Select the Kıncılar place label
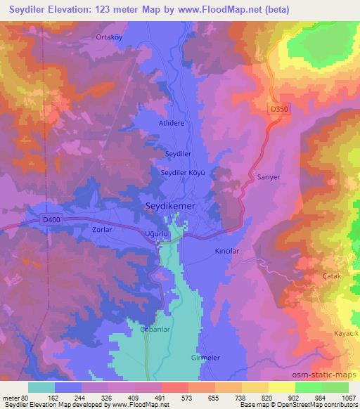point(227,250)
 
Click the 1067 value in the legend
point(348,398)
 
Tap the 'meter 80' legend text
point(14,398)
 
